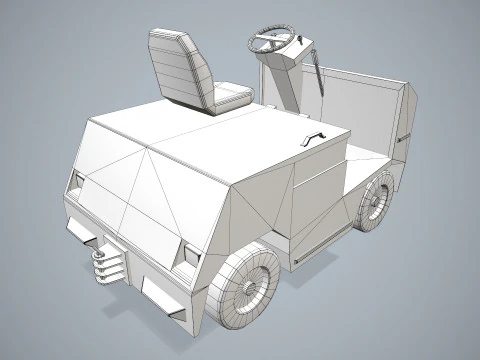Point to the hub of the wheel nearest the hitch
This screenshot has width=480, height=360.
point(249,286)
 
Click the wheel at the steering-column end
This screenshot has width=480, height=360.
point(375,200)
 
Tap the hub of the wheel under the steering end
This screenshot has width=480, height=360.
point(377,201)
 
